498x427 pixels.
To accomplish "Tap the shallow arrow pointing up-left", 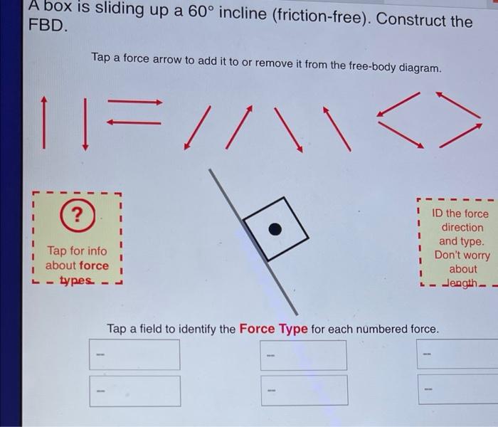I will [455, 105].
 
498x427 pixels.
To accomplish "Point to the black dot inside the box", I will [275, 228].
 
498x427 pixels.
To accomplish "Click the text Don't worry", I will [462, 255].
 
